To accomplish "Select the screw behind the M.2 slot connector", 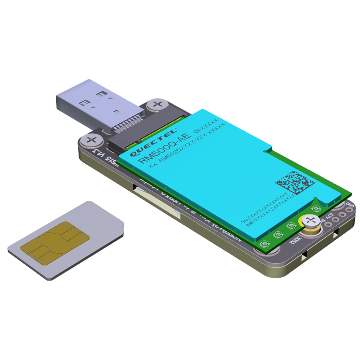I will pos(157,104).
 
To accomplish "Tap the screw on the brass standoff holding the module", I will pos(310,221).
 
